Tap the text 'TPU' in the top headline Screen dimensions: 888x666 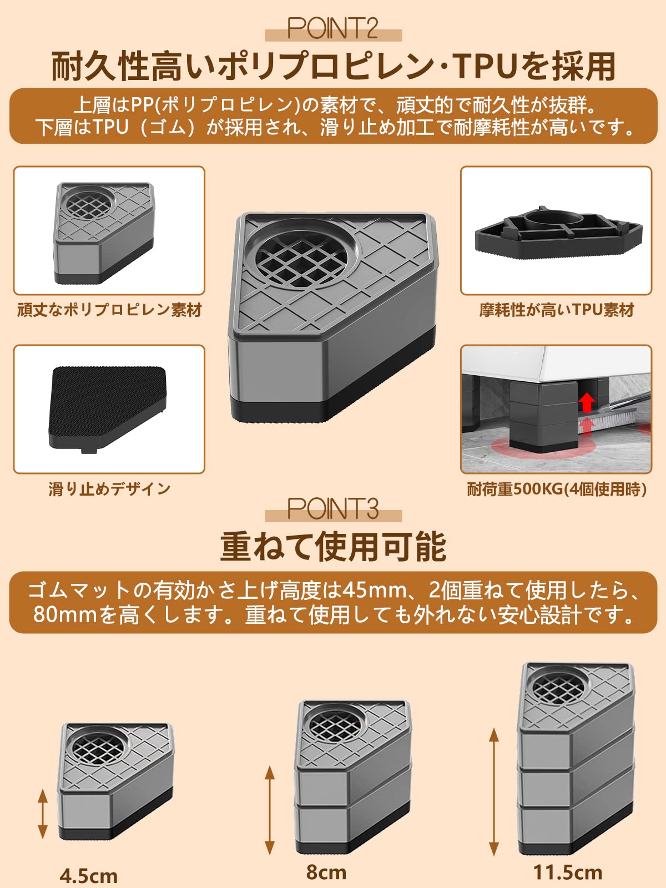[x=486, y=66]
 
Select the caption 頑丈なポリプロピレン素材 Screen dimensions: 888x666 [x=109, y=310]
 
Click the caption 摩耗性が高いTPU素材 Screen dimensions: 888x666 [x=556, y=310]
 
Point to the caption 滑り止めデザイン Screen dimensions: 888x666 [x=109, y=489]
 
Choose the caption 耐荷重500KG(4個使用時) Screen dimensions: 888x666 [x=556, y=489]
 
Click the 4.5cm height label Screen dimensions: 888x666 [x=89, y=876]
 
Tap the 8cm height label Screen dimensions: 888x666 [x=326, y=872]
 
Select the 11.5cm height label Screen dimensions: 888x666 [x=568, y=872]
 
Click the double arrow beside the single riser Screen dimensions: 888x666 [x=43, y=814]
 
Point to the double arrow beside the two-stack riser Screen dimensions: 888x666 [x=270, y=810]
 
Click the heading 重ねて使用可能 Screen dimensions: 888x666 [x=333, y=547]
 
